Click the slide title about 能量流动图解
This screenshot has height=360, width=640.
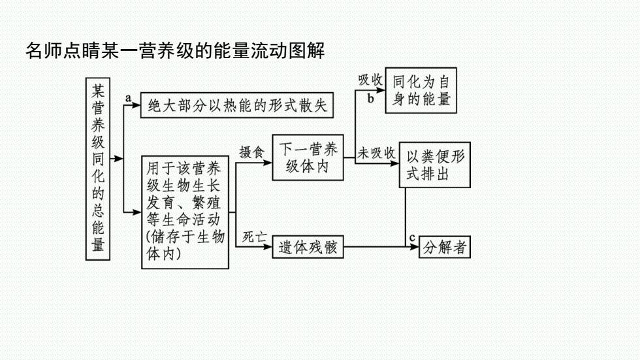click(x=175, y=50)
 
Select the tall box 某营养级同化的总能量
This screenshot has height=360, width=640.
click(x=98, y=169)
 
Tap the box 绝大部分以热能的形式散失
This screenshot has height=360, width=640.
click(x=236, y=105)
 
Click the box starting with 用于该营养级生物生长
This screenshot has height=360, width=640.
click(x=185, y=212)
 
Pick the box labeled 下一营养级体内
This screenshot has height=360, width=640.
click(x=308, y=157)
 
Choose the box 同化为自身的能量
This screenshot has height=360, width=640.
click(x=421, y=90)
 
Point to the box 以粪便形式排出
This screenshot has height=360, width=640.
click(x=435, y=165)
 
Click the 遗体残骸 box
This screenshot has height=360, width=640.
click(x=308, y=247)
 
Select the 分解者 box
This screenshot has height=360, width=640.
click(x=445, y=247)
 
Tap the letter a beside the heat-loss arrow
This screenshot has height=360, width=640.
click(x=128, y=98)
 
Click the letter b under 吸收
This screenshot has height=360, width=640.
click(x=371, y=99)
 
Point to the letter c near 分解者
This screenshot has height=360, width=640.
click(x=412, y=238)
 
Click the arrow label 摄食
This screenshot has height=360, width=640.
click(x=251, y=152)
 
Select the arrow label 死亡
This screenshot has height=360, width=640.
click(x=254, y=237)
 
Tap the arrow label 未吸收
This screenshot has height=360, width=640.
click(x=376, y=153)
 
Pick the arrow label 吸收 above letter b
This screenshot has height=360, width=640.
click(x=370, y=80)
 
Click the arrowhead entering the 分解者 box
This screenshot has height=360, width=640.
click(x=415, y=247)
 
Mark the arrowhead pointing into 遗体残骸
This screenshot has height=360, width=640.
click(x=268, y=247)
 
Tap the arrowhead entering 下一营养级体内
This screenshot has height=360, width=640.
click(x=268, y=163)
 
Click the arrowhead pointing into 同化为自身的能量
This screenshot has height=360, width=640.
click(x=381, y=90)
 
